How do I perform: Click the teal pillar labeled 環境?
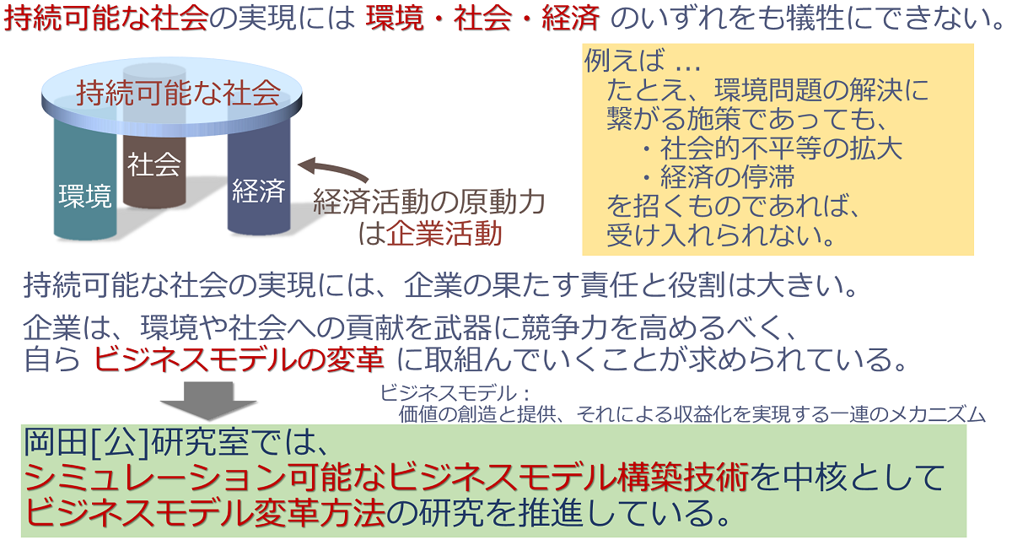pyautogui.click(x=85, y=181)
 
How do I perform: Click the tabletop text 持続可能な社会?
pyautogui.click(x=179, y=93)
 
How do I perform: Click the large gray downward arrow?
pyautogui.click(x=208, y=401)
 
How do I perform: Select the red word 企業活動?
pyautogui.click(x=444, y=234)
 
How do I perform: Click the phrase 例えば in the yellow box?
pyautogui.click(x=625, y=60)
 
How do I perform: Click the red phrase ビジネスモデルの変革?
pyautogui.click(x=239, y=359)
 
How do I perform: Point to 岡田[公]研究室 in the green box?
pyautogui.click(x=137, y=442)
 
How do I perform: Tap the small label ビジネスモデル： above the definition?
pyautogui.click(x=455, y=393)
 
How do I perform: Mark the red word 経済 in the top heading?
pyautogui.click(x=571, y=19)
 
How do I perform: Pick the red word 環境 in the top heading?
pyautogui.click(x=395, y=19)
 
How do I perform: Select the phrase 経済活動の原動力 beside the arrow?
pyautogui.click(x=428, y=202)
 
